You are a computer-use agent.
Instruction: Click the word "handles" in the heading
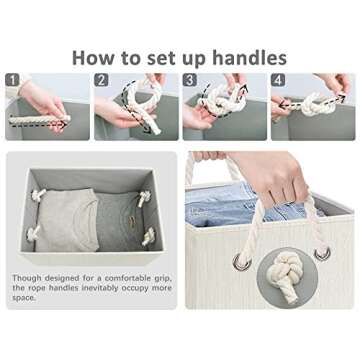(250, 57)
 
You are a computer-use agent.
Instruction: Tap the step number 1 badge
(13, 80)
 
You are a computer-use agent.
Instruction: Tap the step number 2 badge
(101, 80)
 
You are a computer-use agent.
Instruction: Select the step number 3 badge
(190, 80)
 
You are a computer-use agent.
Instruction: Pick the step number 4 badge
(278, 80)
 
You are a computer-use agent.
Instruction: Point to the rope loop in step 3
(222, 100)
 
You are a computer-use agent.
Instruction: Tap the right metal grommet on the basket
(323, 254)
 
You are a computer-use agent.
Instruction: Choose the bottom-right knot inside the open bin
(149, 237)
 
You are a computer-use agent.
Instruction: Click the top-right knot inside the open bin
(145, 198)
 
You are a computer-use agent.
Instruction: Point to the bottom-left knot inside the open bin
(33, 233)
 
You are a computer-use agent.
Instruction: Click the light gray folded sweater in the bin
(68, 220)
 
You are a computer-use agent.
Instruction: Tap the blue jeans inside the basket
(233, 204)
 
